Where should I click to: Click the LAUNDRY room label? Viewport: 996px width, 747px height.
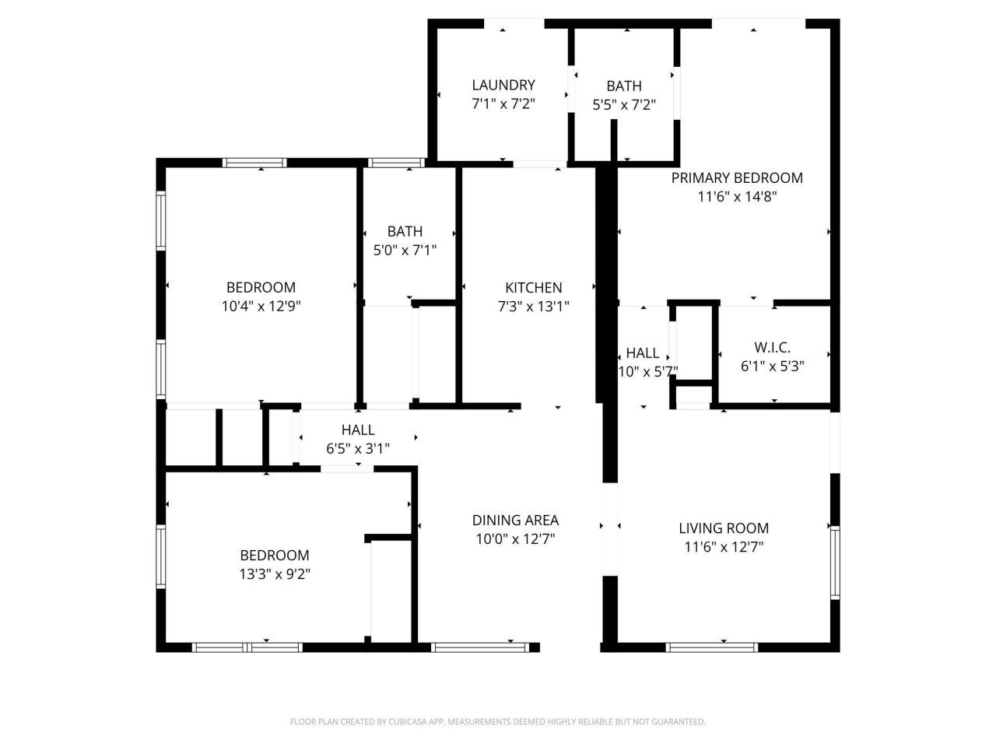click(x=503, y=85)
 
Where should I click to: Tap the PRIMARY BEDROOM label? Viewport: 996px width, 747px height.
click(x=736, y=177)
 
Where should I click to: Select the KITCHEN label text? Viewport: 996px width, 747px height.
click(x=533, y=287)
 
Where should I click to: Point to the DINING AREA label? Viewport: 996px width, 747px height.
click(x=515, y=520)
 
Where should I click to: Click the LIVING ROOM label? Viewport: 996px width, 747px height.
click(x=723, y=528)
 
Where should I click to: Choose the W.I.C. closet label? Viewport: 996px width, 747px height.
click(x=772, y=348)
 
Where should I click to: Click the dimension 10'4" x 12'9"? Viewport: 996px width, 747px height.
click(x=261, y=307)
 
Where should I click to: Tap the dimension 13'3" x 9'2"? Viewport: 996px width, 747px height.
click(x=274, y=574)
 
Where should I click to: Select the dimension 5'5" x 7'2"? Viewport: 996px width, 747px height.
click(x=624, y=104)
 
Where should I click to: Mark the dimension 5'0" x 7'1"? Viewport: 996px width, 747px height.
click(x=405, y=250)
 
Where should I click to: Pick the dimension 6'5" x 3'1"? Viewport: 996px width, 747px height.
click(x=357, y=448)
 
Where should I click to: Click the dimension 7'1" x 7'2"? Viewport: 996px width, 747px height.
click(x=503, y=103)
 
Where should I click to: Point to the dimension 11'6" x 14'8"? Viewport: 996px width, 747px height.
click(x=736, y=197)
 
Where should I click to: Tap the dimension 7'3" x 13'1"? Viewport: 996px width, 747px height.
click(x=533, y=307)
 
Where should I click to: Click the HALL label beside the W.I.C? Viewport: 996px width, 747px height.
click(x=642, y=352)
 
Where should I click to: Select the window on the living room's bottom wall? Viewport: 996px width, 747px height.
click(x=712, y=647)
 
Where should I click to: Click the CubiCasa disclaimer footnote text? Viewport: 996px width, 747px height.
click(x=497, y=722)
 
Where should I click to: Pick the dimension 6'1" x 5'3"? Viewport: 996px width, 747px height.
click(x=772, y=366)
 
